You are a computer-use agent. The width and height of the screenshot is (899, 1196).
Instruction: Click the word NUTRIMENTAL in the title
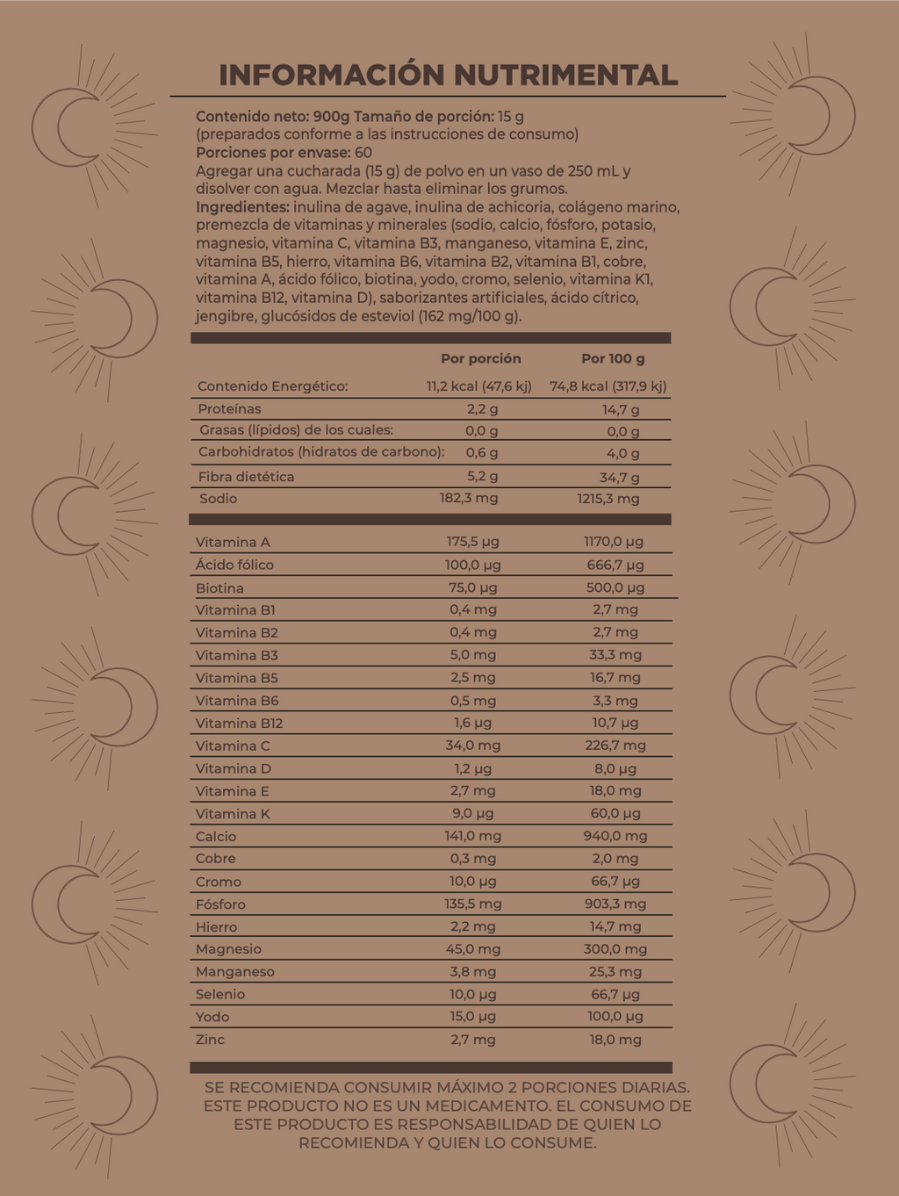click(565, 76)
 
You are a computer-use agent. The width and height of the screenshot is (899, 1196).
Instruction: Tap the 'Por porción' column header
click(480, 358)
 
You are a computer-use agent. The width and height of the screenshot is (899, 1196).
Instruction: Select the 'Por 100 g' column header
click(613, 358)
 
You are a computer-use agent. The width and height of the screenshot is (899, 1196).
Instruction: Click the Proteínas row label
click(229, 409)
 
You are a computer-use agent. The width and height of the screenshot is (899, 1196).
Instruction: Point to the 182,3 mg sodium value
click(469, 498)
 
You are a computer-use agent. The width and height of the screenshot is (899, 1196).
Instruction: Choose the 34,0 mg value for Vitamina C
click(472, 746)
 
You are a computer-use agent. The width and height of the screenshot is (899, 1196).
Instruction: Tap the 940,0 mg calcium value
click(615, 836)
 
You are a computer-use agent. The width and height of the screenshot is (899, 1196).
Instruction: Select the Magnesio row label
click(228, 949)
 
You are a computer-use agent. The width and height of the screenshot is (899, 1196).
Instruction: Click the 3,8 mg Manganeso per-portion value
click(472, 972)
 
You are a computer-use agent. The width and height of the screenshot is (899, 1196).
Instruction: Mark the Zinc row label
click(210, 1040)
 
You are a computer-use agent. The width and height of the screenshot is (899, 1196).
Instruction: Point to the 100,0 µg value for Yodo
click(615, 1017)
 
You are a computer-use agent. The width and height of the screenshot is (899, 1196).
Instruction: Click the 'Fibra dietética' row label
click(246, 477)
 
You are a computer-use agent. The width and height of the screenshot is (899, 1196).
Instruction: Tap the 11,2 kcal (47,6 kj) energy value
click(478, 386)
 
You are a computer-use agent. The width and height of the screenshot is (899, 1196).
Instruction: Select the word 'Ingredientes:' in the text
click(242, 207)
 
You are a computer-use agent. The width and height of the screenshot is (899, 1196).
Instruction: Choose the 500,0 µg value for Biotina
click(615, 587)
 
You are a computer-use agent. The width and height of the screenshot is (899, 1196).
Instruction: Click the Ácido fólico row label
click(234, 566)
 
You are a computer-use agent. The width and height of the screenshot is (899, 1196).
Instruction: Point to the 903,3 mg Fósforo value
click(615, 904)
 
